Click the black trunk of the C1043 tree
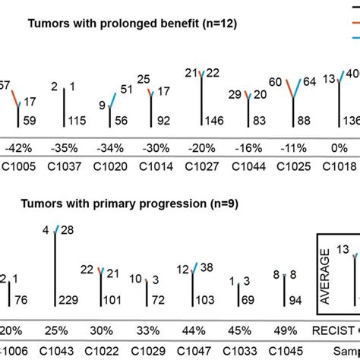55,273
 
